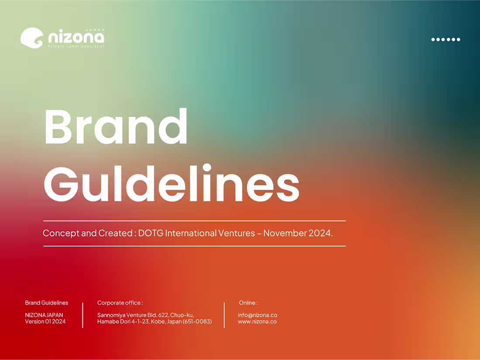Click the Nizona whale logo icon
tap(32, 38)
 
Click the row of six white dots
tap(446, 39)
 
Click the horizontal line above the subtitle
tap(194, 221)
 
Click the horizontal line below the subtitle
tap(194, 246)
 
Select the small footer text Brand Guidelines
tap(47, 303)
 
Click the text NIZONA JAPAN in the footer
tap(44, 315)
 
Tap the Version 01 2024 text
tap(45, 322)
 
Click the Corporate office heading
tap(120, 303)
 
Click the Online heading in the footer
tap(248, 303)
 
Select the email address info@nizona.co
tap(257, 315)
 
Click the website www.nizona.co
tap(257, 322)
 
